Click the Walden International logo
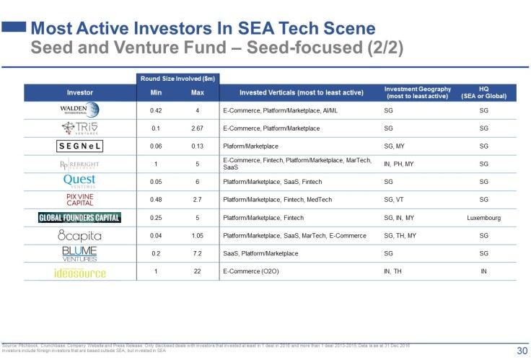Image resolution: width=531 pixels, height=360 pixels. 79,110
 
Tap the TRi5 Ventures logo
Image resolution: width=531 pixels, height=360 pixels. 79,128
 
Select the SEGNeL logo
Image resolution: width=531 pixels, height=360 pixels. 79,146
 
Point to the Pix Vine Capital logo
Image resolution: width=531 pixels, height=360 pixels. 79,200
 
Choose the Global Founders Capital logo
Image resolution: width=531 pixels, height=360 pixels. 79,218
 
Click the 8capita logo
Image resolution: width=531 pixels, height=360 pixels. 79,236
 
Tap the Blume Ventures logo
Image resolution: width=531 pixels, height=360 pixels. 79,254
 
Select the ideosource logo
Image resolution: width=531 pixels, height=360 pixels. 79,273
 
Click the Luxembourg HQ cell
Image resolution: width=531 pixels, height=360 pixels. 483,218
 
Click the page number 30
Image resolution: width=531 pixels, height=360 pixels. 520,351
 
